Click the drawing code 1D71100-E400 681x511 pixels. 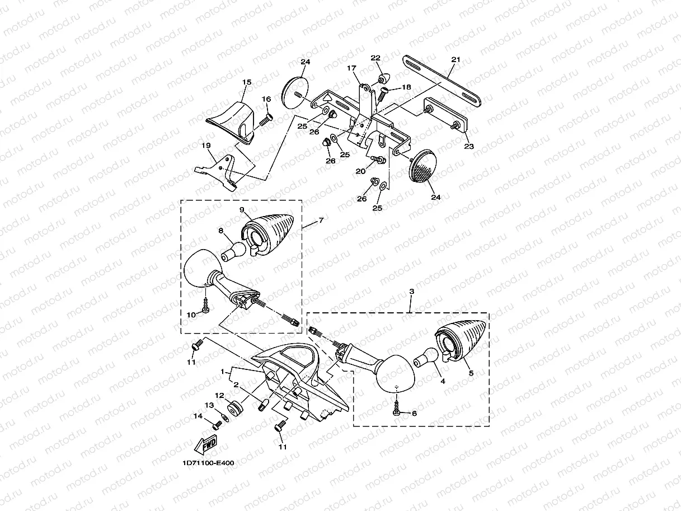208,463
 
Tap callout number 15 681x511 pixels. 247,82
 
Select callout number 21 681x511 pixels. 455,59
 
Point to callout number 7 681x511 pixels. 321,221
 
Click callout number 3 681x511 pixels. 411,292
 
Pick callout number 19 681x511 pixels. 206,146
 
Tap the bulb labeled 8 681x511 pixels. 233,250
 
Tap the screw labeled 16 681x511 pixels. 266,118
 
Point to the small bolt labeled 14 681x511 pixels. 218,424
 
